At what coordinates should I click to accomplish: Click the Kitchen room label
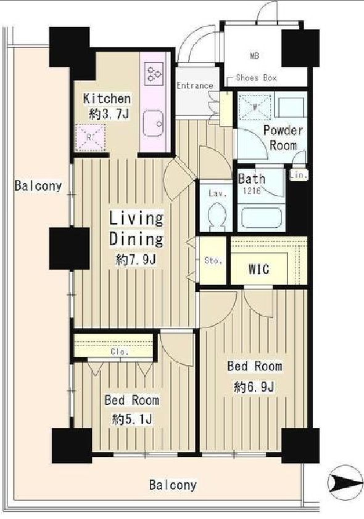tap(107, 99)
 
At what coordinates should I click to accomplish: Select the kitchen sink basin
tap(153, 124)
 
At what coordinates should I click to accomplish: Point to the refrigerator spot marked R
tap(90, 137)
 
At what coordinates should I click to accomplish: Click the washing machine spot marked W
tap(255, 107)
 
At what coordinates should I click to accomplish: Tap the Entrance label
tap(195, 86)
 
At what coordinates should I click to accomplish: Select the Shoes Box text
tap(256, 78)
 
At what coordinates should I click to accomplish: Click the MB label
tap(254, 55)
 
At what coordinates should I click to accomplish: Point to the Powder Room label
tap(283, 137)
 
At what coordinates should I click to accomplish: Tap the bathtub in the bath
tap(262, 217)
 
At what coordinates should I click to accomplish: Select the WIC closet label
tap(259, 269)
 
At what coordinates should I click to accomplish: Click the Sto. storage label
tap(213, 260)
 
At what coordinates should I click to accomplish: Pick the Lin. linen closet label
tap(299, 175)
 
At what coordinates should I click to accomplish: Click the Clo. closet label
tap(120, 352)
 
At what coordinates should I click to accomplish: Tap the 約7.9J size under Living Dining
tap(136, 260)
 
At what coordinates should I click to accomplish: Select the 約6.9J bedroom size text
tap(254, 387)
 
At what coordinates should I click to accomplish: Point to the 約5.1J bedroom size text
tap(133, 420)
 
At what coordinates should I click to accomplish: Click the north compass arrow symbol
tap(345, 479)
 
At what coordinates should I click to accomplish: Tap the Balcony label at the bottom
tap(173, 485)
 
